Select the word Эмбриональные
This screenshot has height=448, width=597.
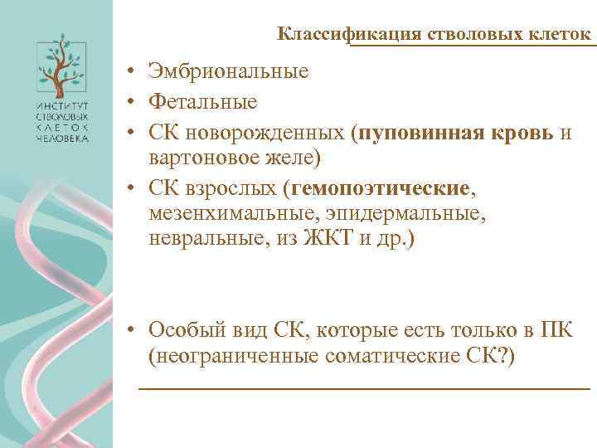point(230,71)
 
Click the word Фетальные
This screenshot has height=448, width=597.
point(203,102)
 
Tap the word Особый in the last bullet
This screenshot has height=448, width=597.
point(182,329)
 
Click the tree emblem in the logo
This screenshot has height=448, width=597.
point(61,66)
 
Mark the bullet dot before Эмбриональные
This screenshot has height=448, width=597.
point(132,72)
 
